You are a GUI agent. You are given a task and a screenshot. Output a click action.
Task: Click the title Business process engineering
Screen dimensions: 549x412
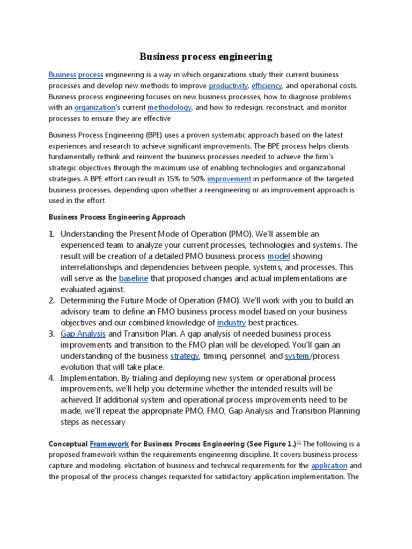(x=206, y=56)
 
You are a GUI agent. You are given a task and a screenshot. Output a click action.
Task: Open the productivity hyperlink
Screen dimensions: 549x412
(x=228, y=86)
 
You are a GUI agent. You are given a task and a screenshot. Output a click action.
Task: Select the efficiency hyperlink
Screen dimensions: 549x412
(x=267, y=86)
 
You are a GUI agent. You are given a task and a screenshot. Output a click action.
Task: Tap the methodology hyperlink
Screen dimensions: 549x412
(x=170, y=107)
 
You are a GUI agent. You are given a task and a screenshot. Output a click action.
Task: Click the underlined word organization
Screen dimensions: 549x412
(x=94, y=107)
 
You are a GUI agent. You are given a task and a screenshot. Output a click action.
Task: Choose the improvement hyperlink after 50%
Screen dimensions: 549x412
(x=229, y=179)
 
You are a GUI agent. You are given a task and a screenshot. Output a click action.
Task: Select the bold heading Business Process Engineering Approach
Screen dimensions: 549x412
(x=117, y=218)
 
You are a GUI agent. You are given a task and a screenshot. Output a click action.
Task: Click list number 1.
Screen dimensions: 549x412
(x=51, y=234)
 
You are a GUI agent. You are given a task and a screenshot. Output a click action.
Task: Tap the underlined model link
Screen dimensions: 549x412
(x=278, y=256)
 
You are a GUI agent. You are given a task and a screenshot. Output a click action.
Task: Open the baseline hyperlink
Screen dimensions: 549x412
(x=133, y=278)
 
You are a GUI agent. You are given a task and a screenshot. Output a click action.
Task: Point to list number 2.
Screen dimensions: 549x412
(x=51, y=301)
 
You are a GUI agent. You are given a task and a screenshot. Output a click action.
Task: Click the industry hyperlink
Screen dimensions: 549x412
(x=231, y=323)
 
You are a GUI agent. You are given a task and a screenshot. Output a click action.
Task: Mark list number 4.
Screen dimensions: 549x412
(x=51, y=378)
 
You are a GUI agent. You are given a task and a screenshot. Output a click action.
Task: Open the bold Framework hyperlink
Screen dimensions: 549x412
(x=109, y=444)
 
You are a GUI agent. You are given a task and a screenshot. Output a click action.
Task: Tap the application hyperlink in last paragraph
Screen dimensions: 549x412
(x=329, y=465)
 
